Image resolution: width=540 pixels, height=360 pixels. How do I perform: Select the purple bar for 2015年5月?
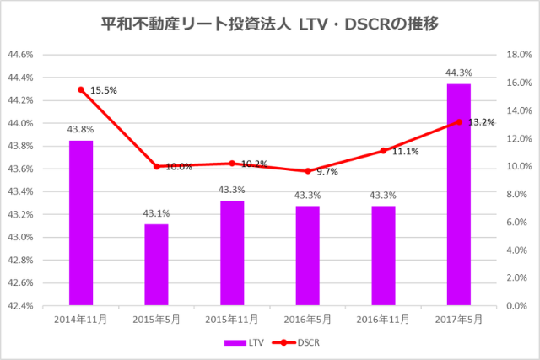coord(156,264)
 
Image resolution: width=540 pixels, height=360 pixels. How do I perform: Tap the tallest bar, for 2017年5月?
coord(458,194)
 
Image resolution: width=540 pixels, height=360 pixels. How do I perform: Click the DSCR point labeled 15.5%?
coord(81,89)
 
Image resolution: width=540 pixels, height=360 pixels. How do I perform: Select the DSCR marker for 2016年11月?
coord(383,151)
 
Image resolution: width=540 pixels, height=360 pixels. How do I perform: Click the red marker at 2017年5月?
coord(458,122)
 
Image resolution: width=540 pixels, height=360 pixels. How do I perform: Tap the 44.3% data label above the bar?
coord(458,73)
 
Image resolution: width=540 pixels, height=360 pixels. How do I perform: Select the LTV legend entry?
coord(240,343)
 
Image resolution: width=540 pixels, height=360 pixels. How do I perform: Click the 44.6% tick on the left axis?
coord(20,55)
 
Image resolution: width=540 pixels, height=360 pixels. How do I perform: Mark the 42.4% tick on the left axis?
coord(20,305)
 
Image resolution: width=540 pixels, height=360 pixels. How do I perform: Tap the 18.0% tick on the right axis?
coord(516,55)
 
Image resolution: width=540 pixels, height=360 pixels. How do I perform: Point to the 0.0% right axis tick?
coord(515,305)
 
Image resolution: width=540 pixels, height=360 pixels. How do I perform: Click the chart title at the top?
coord(269,19)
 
